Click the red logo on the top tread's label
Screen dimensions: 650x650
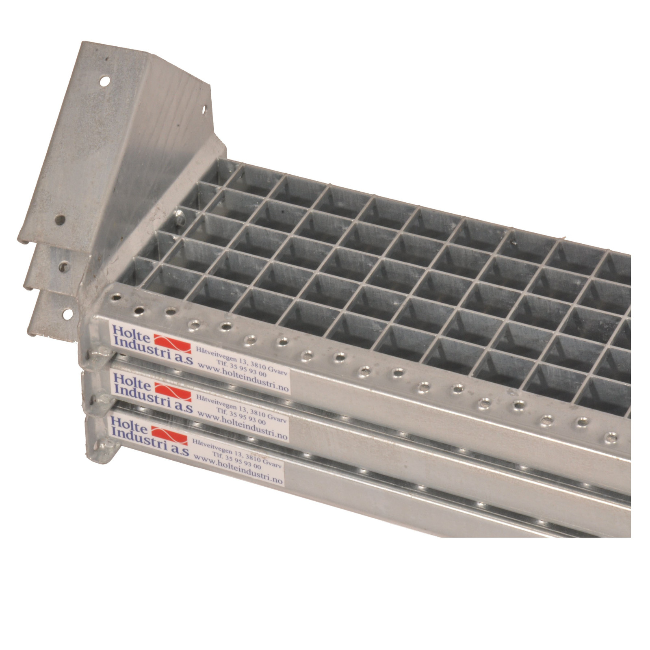[x=172, y=344]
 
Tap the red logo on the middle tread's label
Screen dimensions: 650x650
[x=173, y=391]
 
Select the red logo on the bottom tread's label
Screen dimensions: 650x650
[x=169, y=435]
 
